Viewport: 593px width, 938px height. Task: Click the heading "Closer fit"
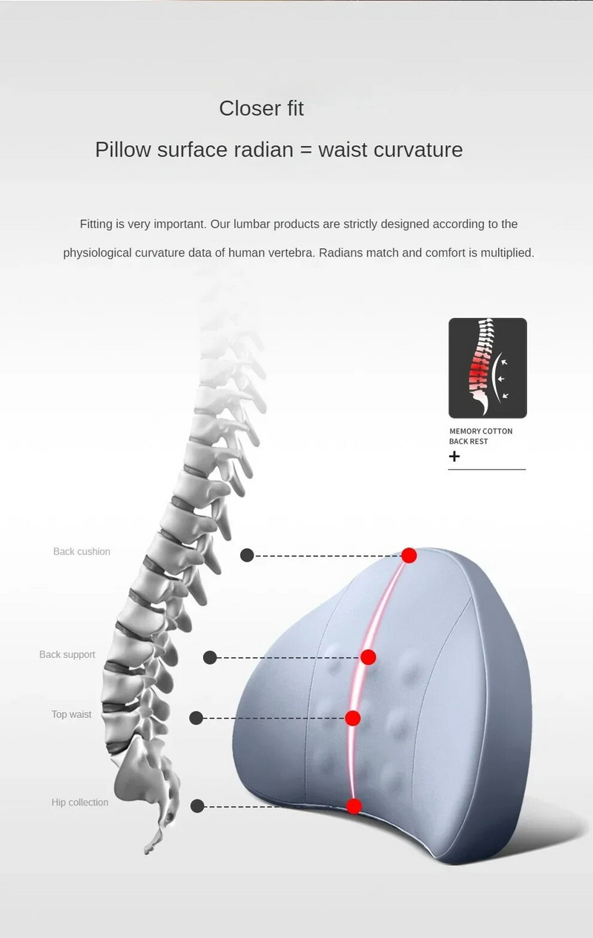(261, 108)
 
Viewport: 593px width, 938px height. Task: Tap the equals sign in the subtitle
(306, 150)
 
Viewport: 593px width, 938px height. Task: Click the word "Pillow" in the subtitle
(123, 150)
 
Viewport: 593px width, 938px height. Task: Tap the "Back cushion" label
(82, 551)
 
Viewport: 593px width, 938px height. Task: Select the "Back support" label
(67, 654)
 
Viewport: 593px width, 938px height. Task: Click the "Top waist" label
(71, 714)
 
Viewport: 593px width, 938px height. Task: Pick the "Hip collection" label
(79, 802)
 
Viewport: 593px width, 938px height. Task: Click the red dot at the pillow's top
(409, 556)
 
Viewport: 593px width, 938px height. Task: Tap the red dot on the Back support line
(368, 657)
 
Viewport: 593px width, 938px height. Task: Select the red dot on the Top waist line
(353, 718)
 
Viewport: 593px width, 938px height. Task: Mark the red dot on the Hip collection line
(354, 807)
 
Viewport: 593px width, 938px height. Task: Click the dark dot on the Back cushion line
(248, 556)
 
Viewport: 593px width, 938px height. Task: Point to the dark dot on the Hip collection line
(197, 806)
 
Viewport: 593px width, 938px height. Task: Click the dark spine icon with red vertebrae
(488, 368)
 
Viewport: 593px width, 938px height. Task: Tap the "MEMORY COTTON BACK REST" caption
(480, 436)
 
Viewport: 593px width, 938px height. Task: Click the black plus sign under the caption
(454, 456)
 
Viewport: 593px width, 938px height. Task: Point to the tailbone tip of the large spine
(146, 853)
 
